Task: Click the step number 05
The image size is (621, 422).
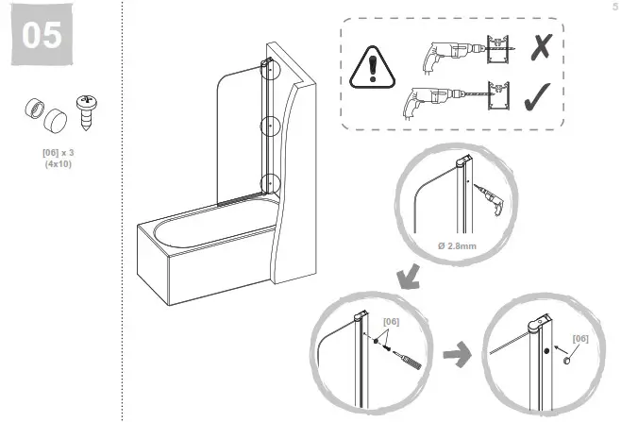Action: pos(42,36)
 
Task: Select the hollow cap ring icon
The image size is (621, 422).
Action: pos(32,109)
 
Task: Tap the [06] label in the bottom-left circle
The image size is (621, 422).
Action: pos(391,322)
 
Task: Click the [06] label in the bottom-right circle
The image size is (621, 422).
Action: pos(580,339)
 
